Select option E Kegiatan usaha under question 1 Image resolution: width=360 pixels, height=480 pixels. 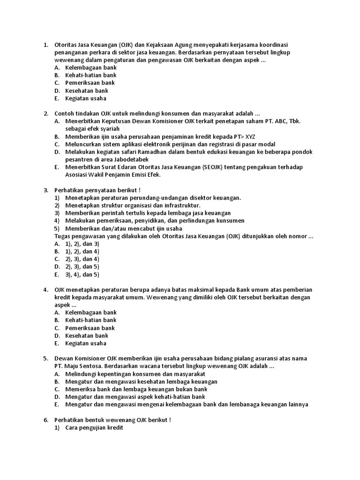coord(86,98)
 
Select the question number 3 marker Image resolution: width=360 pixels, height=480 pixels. coord(46,190)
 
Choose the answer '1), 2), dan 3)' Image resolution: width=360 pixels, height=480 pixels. coord(82,244)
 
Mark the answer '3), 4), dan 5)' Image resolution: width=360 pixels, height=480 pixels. coord(82,275)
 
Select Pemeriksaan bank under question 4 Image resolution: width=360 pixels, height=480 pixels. coord(90,328)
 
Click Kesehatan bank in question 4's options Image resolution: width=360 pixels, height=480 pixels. coord(87,336)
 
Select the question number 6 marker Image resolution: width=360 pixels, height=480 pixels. coord(46,420)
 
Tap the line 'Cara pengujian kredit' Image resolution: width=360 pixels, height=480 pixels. coord(94,427)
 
